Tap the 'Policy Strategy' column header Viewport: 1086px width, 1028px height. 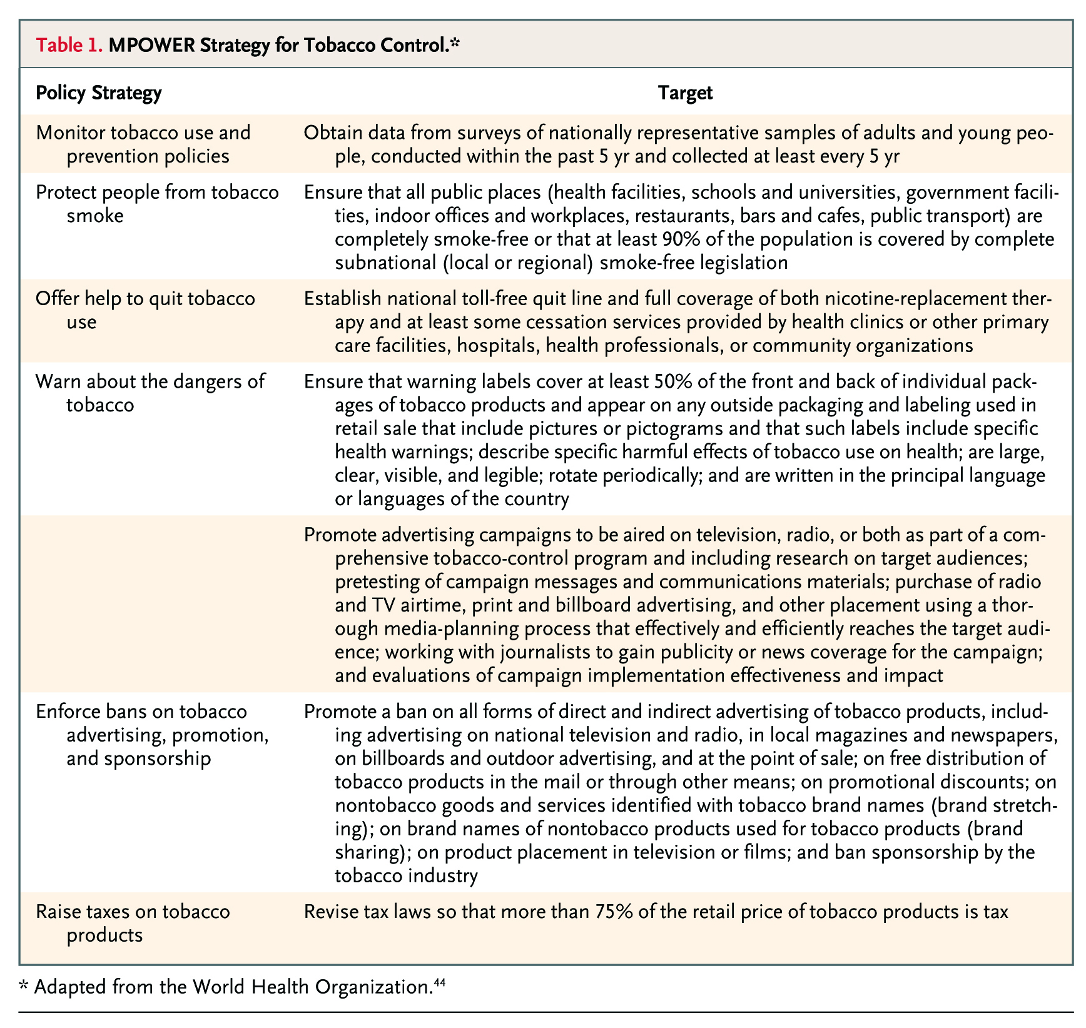98,93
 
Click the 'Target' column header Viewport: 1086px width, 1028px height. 685,93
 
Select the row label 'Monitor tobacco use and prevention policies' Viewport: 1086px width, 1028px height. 143,144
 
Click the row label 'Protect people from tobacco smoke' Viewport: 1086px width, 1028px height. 157,204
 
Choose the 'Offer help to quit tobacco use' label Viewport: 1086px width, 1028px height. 145,310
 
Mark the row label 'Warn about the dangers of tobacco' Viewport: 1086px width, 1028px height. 150,393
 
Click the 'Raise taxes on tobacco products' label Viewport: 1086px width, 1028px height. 133,923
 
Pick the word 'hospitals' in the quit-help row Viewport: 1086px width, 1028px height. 495,346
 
